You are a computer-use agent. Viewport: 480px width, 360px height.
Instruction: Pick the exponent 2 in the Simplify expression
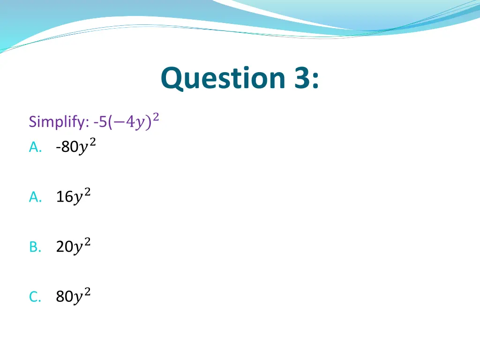point(156,117)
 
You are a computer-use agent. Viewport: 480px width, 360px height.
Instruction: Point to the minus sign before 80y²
point(57,148)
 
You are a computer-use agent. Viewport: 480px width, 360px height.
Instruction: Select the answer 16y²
point(73,197)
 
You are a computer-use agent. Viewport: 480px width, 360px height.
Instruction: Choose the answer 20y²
point(73,247)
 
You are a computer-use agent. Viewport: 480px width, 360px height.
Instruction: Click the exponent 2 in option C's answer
point(87,292)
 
